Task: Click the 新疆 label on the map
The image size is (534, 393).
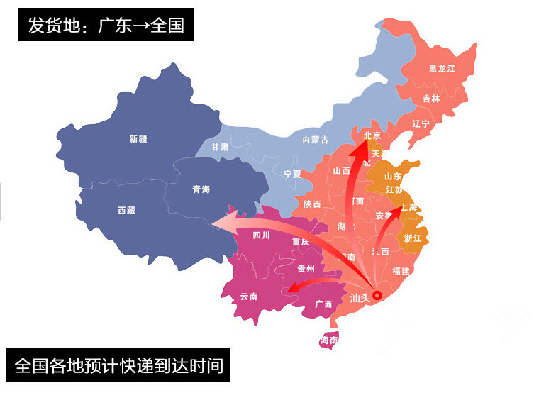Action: click(x=138, y=139)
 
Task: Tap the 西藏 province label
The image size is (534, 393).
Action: click(x=127, y=211)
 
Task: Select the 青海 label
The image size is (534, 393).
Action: click(x=201, y=189)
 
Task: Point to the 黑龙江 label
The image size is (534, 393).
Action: click(x=442, y=69)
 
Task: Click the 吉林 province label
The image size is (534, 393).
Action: click(x=431, y=99)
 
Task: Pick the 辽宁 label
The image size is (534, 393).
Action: click(x=421, y=123)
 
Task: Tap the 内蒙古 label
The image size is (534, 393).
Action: click(x=316, y=140)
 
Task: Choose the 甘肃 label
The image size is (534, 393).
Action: click(x=220, y=147)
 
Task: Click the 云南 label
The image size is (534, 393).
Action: click(x=248, y=296)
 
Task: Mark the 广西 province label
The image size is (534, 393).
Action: click(x=323, y=304)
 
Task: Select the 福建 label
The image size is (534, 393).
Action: click(x=401, y=271)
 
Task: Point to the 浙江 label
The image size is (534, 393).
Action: click(x=413, y=238)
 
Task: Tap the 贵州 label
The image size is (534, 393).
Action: click(x=306, y=269)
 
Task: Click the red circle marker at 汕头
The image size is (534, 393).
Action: click(x=377, y=295)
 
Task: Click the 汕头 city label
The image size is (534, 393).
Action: click(x=360, y=299)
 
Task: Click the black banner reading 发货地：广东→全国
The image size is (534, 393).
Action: click(x=106, y=26)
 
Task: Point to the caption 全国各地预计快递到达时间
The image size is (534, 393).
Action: click(x=119, y=366)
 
